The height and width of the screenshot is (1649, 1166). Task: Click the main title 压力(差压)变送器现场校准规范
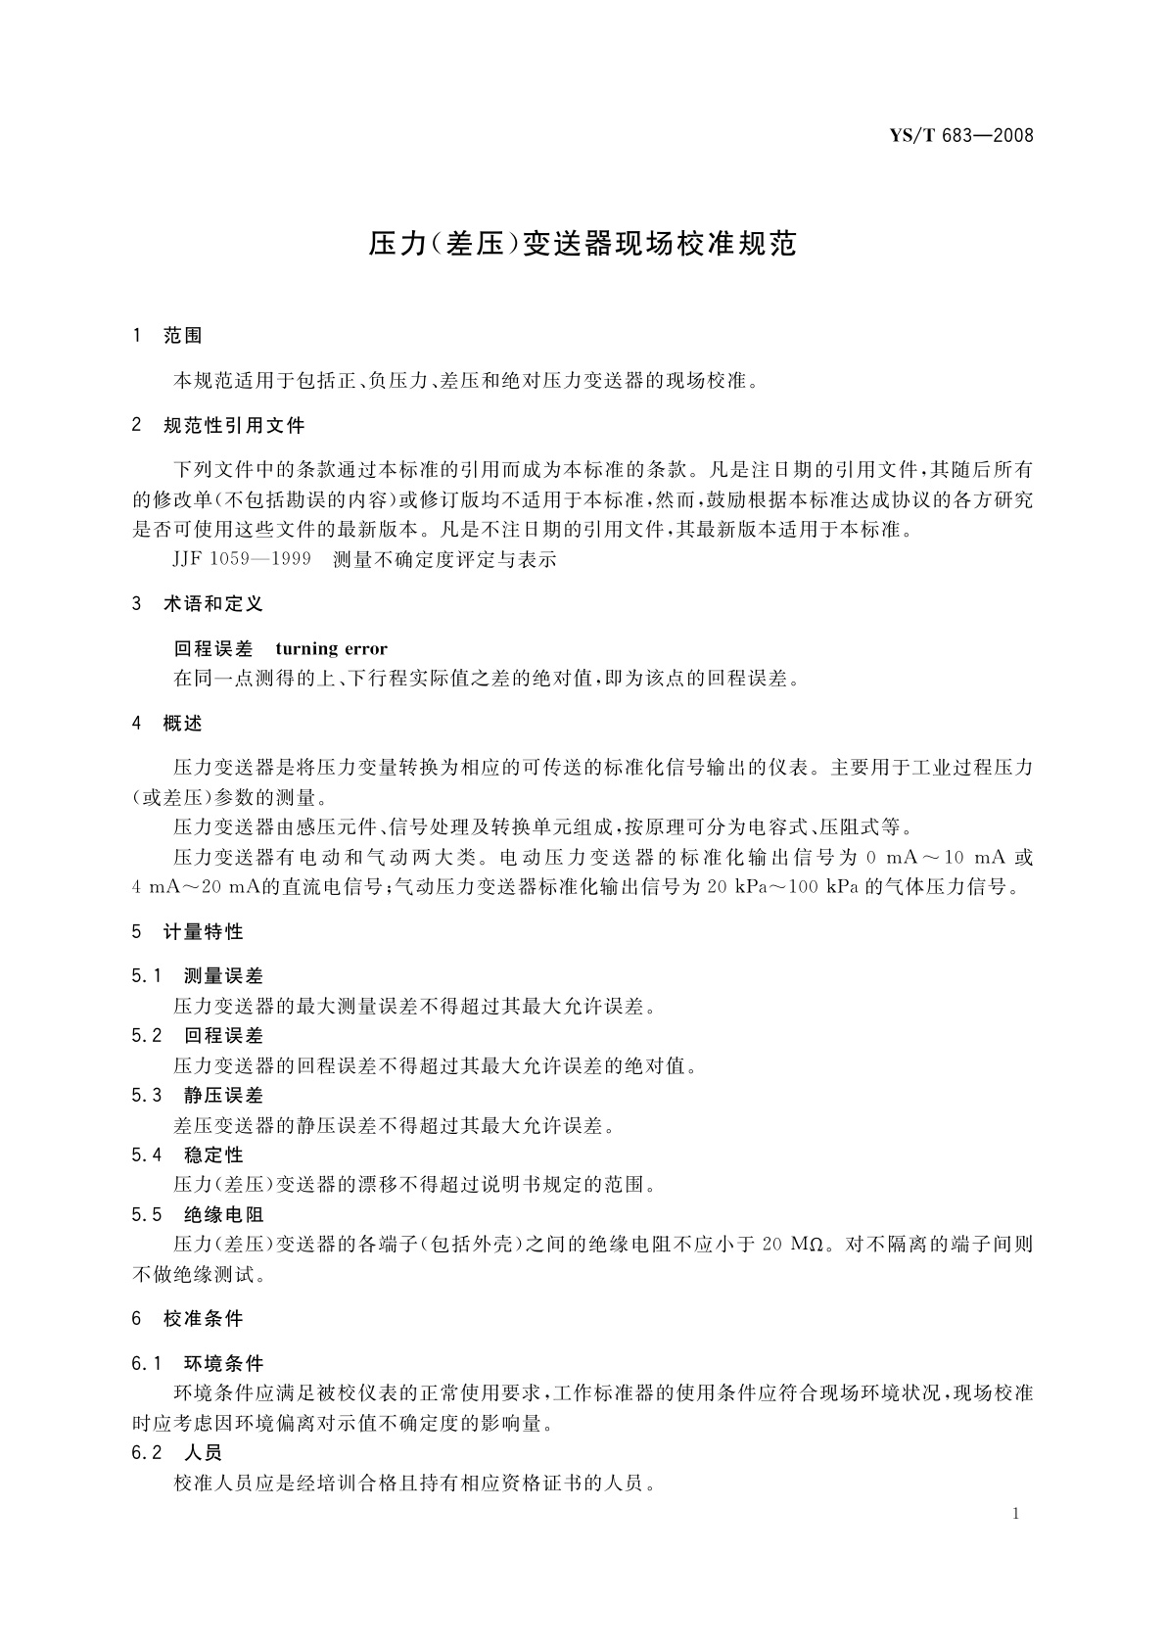583,244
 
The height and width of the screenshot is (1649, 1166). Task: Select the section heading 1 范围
167,336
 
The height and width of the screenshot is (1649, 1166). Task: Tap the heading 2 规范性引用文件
218,426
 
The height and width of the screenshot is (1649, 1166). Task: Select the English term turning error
331,648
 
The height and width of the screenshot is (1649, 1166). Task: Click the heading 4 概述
167,724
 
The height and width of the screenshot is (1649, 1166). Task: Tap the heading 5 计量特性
188,932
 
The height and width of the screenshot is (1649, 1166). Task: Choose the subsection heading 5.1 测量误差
198,976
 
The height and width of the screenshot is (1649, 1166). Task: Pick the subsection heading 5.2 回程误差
198,1036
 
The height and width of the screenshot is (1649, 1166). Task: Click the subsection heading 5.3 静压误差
198,1096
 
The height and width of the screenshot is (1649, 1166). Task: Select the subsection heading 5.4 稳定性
188,1155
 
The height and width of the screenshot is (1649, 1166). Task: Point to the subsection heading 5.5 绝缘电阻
198,1215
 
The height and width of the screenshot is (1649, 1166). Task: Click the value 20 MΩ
791,1245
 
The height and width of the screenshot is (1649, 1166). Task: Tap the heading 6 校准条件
188,1319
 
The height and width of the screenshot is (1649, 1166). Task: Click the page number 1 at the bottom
1016,1514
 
